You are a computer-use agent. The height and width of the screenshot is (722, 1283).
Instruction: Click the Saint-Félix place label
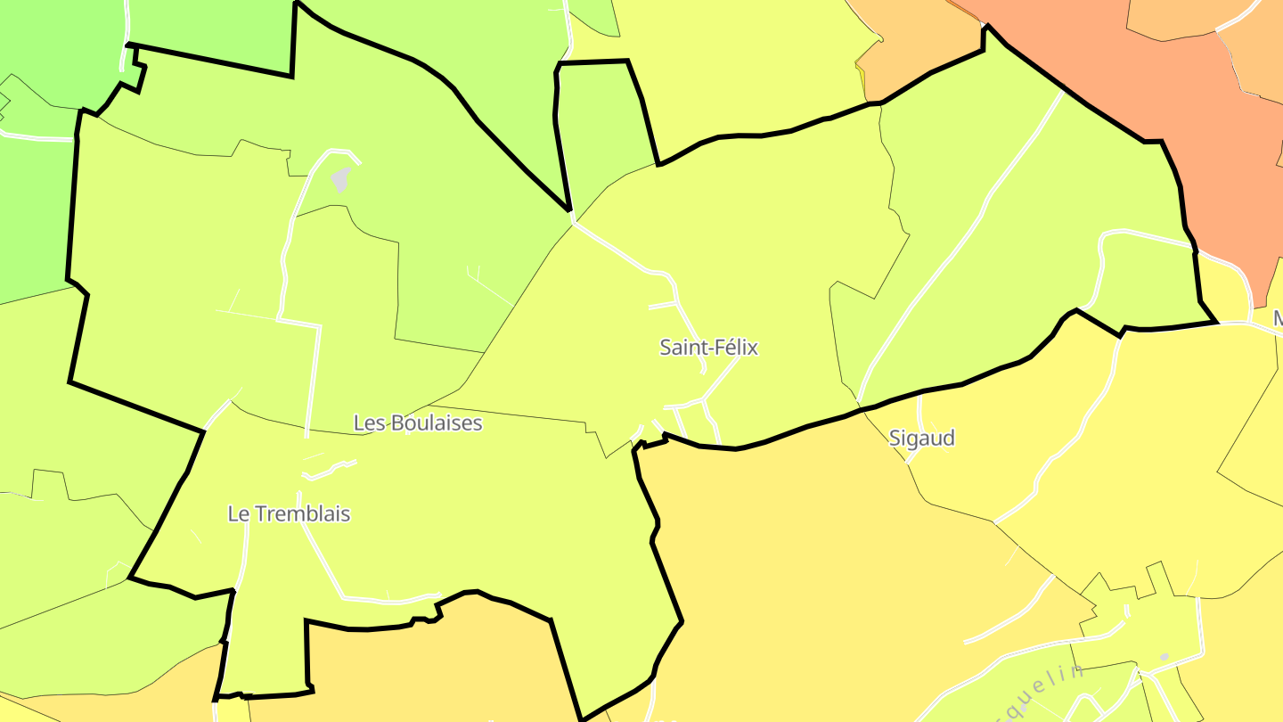[x=708, y=348]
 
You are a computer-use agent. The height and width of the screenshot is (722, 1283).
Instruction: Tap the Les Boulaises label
[x=418, y=423]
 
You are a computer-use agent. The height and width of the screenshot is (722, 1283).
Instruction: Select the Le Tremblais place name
[x=289, y=514]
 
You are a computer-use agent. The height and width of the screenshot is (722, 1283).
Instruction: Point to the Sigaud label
[x=921, y=438]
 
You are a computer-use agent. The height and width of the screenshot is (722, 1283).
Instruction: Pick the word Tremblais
[x=302, y=514]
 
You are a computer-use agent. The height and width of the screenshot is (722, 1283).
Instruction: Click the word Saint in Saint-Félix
[x=681, y=348]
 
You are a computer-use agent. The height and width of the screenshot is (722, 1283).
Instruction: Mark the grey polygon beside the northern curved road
[x=340, y=179]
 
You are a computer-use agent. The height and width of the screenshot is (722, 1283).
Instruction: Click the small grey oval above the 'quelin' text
[x=1164, y=657]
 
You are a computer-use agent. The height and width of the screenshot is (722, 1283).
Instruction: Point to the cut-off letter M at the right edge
[x=1277, y=318]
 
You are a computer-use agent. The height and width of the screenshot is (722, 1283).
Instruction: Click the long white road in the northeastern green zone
[x=971, y=223]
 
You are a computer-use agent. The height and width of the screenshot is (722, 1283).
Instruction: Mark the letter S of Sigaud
[x=895, y=438]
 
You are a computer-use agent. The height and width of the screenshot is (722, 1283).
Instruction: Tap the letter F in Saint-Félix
[x=715, y=348]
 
